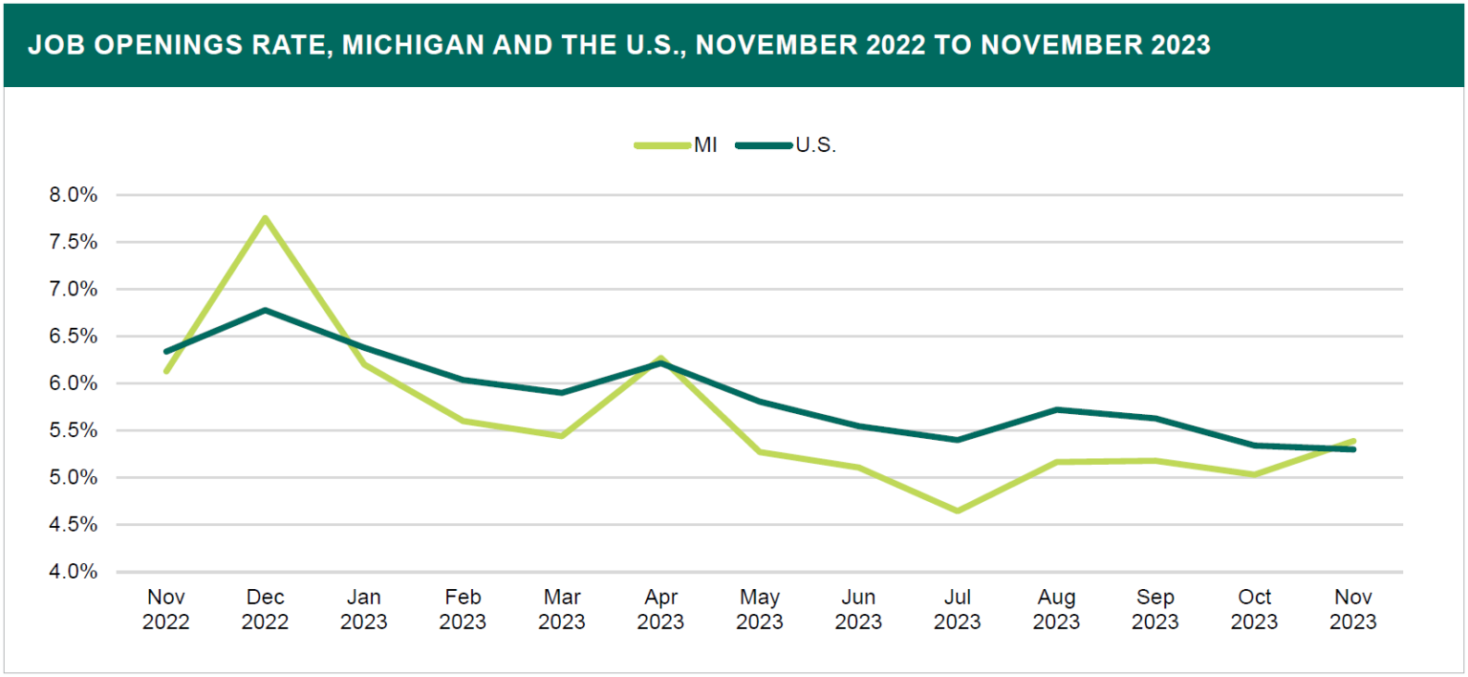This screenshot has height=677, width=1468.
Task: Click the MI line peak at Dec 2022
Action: coord(265,218)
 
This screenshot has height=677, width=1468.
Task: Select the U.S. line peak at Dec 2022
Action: coord(265,310)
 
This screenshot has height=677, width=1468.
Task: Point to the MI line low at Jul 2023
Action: coord(958,511)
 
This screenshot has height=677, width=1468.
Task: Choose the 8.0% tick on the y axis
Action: coord(74,195)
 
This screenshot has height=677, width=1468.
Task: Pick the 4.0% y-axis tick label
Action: coord(74,572)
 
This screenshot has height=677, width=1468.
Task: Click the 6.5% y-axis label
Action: coord(74,337)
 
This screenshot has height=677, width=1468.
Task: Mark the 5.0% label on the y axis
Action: coord(74,478)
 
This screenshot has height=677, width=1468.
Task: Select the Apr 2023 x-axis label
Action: coord(660,610)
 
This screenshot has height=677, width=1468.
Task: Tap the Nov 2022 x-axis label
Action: coord(166,610)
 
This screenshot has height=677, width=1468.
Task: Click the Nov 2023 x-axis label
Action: coord(1352,610)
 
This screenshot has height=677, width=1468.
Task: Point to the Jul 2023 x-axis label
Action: coord(958,610)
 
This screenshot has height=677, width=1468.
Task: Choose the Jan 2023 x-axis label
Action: coord(364,610)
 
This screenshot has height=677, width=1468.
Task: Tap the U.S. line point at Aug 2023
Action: coord(1056,409)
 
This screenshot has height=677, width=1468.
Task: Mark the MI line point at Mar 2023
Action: coord(562,436)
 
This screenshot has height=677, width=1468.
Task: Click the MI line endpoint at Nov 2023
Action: coord(1352,441)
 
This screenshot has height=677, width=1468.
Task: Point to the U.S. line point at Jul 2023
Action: coord(958,440)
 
